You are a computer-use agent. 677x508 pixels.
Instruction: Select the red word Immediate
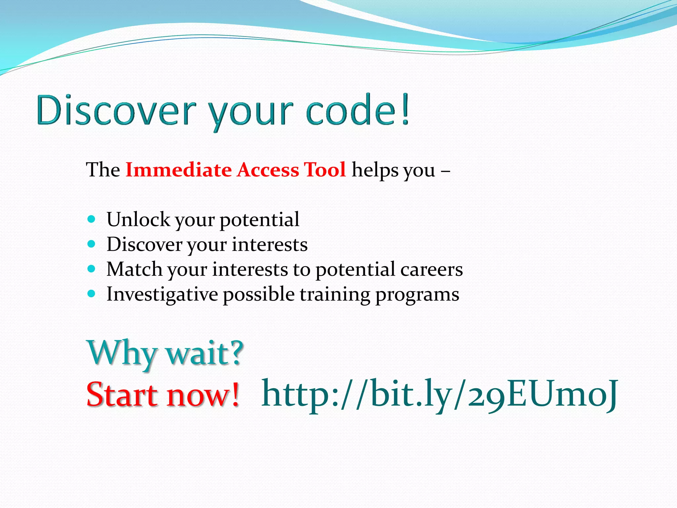click(x=179, y=170)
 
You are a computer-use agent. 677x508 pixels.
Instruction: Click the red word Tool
click(x=325, y=170)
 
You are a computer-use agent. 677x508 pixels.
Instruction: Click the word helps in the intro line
click(x=375, y=171)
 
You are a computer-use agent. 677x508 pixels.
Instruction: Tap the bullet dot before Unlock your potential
click(x=92, y=219)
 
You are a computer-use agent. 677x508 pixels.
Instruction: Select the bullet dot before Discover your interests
click(x=92, y=244)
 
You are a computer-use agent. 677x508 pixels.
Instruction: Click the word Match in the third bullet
click(x=134, y=269)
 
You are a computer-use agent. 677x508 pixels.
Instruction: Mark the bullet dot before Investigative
click(x=92, y=294)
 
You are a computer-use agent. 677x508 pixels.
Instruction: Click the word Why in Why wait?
click(x=121, y=353)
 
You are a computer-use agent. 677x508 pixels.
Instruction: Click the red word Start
click(x=122, y=394)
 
